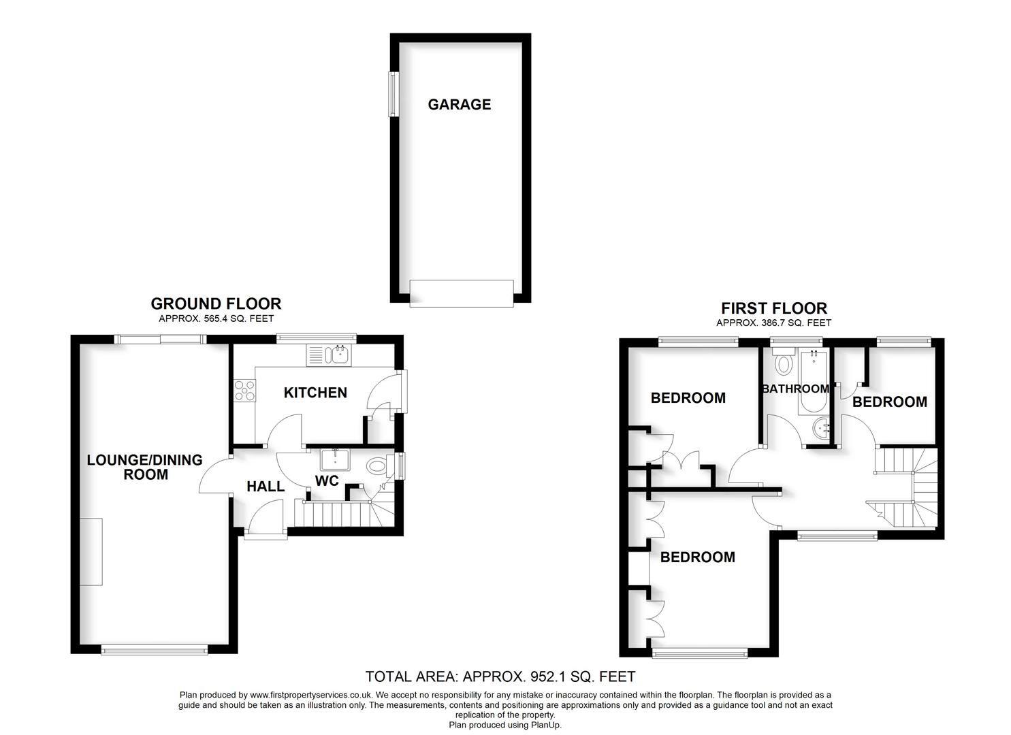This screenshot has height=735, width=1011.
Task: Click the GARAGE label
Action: pos(459,104)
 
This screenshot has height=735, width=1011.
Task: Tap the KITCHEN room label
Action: pos(315,393)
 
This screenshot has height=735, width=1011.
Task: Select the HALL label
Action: pos(266,486)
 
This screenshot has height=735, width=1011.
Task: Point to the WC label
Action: pos(327,481)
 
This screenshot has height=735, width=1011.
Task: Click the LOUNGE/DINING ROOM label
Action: pos(145,467)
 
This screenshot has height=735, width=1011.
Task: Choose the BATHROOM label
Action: pos(795,389)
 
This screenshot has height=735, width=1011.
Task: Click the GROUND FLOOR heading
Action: pos(216,304)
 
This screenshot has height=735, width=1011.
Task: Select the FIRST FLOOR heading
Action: pos(774,308)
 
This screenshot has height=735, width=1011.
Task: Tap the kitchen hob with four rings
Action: pos(245,391)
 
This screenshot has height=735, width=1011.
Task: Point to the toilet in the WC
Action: pos(376,467)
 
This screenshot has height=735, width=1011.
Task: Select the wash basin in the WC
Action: pos(336,460)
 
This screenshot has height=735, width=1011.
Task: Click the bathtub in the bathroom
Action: pos(811,382)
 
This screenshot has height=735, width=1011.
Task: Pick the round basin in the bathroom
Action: pos(822,429)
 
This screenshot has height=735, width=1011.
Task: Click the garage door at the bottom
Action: pos(462,293)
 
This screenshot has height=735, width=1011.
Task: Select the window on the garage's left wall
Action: pos(393,93)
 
